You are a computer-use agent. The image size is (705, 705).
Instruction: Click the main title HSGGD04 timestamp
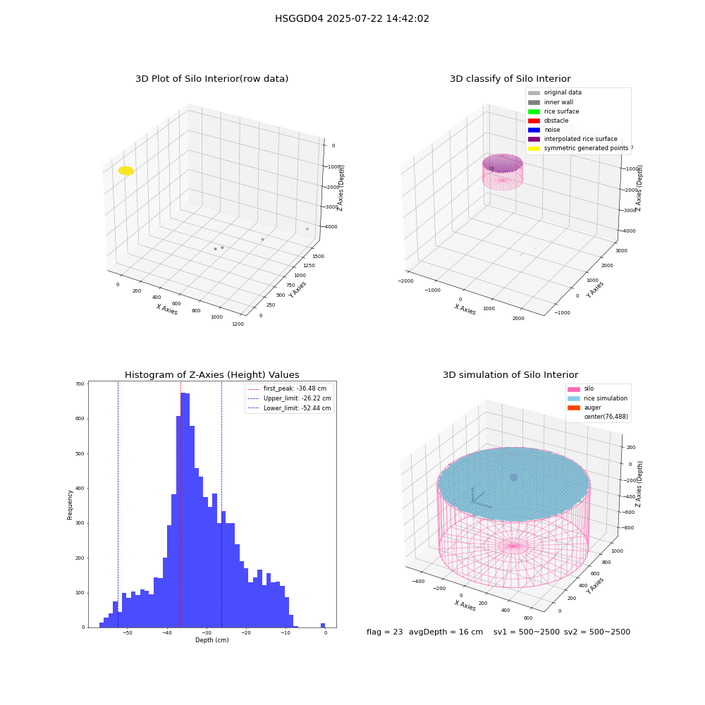pyautogui.click(x=352, y=19)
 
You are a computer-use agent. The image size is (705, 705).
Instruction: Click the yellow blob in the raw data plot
pyautogui.click(x=126, y=171)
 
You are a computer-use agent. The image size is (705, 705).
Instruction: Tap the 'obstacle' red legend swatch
pyautogui.click(x=534, y=121)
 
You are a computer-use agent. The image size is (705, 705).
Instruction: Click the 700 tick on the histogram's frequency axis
pyautogui.click(x=80, y=384)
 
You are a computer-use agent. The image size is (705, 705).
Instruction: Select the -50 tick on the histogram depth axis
pyautogui.click(x=128, y=632)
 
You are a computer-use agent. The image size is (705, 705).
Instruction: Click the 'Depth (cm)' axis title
pyautogui.click(x=211, y=640)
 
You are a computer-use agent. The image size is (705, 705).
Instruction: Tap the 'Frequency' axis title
pyautogui.click(x=70, y=505)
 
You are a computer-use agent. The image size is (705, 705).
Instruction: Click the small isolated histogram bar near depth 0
pyautogui.click(x=323, y=625)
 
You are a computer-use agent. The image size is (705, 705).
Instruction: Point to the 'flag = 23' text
pyautogui.click(x=384, y=632)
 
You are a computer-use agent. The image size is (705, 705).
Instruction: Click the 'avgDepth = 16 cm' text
pyautogui.click(x=446, y=632)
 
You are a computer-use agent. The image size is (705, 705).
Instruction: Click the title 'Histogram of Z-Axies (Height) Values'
pyautogui.click(x=211, y=375)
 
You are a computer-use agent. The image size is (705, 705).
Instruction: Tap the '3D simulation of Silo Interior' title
pyautogui.click(x=510, y=375)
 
